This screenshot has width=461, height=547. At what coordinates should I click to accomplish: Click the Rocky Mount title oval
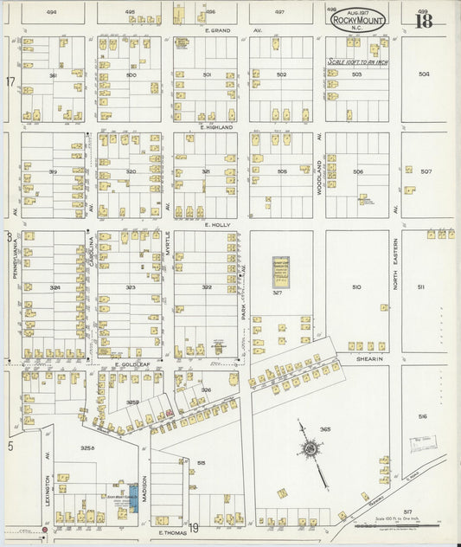[x=358, y=18]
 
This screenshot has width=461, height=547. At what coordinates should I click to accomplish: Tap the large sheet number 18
[x=423, y=21]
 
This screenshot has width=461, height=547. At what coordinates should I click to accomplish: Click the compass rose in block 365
[x=309, y=448]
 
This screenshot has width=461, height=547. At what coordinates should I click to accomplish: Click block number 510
[x=356, y=286]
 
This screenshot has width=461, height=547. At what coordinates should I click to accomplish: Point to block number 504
[x=424, y=74]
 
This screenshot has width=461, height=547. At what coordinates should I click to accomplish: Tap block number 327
[x=279, y=293]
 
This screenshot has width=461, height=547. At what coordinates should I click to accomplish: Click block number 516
[x=422, y=416]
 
